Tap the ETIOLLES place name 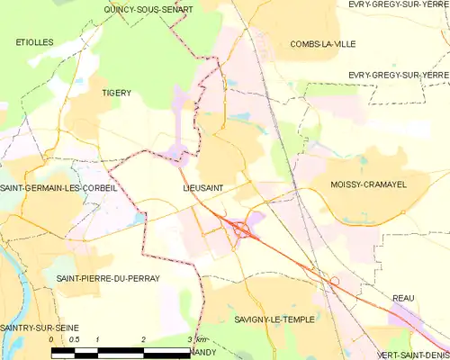point(34,42)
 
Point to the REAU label point(404,297)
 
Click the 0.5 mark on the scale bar point(75,339)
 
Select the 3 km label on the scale point(197,339)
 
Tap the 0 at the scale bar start point(51,339)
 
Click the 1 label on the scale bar point(97,339)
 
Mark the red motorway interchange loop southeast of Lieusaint point(240,229)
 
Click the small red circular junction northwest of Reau point(334,282)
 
